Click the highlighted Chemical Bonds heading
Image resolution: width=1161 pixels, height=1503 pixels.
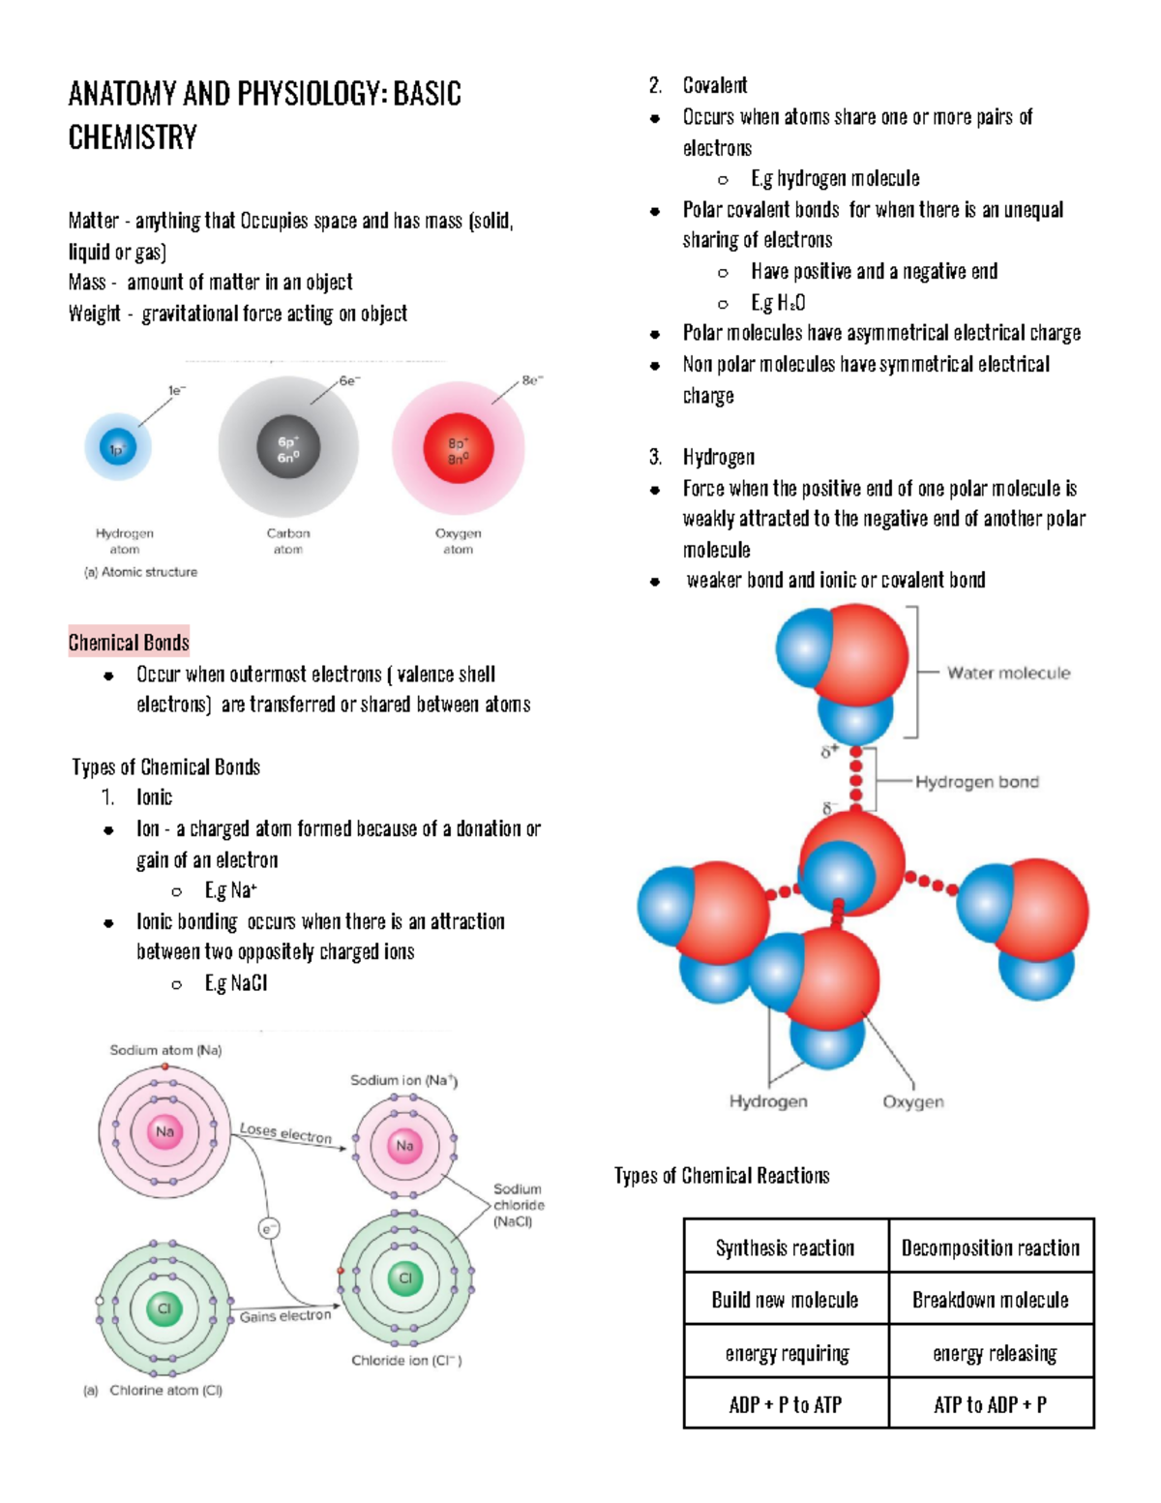(x=129, y=643)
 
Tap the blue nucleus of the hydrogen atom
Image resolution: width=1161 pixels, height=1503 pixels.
(x=118, y=448)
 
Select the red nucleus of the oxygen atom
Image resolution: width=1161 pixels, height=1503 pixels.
(x=459, y=450)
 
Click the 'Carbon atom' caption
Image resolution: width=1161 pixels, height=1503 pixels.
(x=288, y=541)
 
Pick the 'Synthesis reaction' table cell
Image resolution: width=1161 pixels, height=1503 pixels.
(x=786, y=1247)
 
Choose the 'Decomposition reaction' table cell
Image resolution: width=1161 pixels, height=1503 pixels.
(x=991, y=1247)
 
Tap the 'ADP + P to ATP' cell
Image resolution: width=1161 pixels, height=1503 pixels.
(x=786, y=1404)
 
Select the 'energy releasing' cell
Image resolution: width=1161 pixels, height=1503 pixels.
(x=994, y=1353)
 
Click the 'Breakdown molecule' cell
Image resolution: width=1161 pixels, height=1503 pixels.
(x=991, y=1300)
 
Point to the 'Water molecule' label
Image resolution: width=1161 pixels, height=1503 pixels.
(x=1008, y=673)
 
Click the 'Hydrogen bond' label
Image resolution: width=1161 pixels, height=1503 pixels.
(x=977, y=782)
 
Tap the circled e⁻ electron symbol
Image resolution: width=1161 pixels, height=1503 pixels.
(x=269, y=1228)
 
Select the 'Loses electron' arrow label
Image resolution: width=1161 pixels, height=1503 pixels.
(x=285, y=1133)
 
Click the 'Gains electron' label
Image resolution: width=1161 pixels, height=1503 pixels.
(x=285, y=1316)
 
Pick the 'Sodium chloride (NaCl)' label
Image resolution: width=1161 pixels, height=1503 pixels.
(x=518, y=1205)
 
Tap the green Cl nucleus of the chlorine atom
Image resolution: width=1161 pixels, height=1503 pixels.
(x=164, y=1308)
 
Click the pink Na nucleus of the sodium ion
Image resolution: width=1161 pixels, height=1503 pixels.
(x=404, y=1146)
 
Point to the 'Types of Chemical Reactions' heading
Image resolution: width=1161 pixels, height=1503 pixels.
(x=722, y=1176)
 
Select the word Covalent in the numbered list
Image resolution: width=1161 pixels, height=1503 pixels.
(x=715, y=85)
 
